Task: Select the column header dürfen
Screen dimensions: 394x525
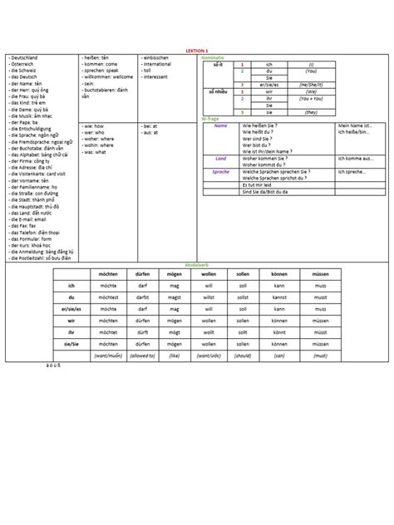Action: click(x=142, y=273)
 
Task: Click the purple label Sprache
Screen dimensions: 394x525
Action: click(x=221, y=172)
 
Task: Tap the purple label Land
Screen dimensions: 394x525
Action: click(x=221, y=158)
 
